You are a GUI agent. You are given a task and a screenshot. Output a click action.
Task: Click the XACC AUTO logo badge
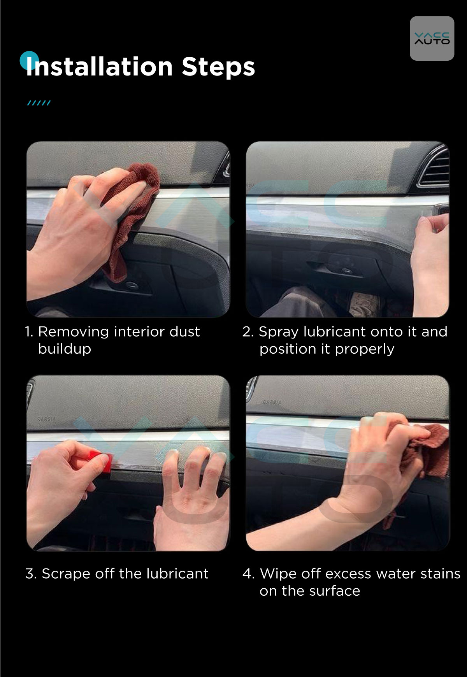tap(432, 39)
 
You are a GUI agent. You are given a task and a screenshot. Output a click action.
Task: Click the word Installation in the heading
tap(99, 67)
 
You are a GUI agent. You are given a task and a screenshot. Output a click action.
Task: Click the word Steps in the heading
tap(218, 67)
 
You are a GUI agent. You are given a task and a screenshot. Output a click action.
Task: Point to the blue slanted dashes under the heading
tap(39, 103)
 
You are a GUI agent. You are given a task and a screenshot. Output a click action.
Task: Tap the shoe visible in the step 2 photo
tap(364, 304)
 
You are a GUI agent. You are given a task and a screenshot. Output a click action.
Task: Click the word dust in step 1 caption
tap(184, 332)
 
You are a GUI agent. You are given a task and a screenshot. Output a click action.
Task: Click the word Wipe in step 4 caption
tap(276, 574)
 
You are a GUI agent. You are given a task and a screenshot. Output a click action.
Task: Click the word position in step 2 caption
tap(288, 349)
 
